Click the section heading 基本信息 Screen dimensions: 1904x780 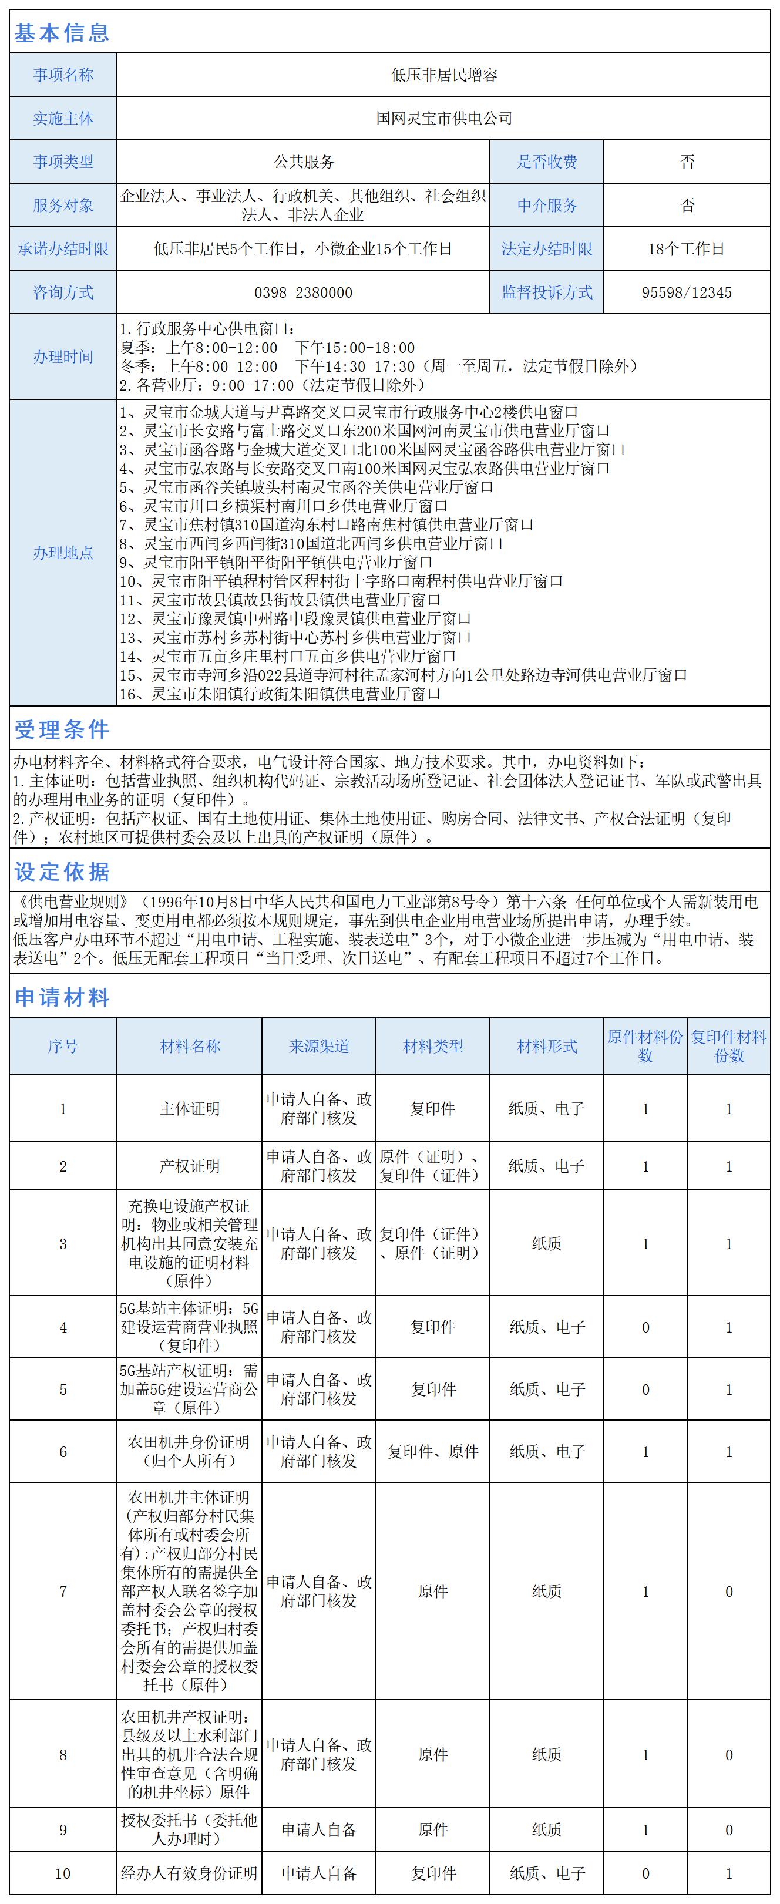click(x=62, y=32)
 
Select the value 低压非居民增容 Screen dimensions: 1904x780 click(x=443, y=75)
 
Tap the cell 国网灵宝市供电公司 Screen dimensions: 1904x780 click(x=443, y=118)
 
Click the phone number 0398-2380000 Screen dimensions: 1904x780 click(x=303, y=292)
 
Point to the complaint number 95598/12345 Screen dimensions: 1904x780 click(x=687, y=292)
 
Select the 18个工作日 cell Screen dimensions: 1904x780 click(x=687, y=249)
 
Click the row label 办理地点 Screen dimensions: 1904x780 click(x=63, y=553)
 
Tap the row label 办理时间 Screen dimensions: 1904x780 click(x=63, y=357)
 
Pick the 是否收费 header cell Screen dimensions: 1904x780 click(x=547, y=162)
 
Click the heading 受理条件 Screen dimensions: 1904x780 click(x=62, y=729)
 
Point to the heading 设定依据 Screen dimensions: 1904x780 click(x=62, y=872)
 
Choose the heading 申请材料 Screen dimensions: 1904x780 click(x=62, y=998)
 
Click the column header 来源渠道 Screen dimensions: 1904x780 click(x=319, y=1046)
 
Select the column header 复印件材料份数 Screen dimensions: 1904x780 click(x=729, y=1046)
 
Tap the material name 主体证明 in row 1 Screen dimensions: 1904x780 click(x=189, y=1109)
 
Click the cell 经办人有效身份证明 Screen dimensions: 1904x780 click(x=189, y=1873)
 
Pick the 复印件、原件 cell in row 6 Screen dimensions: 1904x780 click(x=433, y=1452)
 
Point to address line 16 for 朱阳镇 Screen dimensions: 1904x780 click(x=281, y=694)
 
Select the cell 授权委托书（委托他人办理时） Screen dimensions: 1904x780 click(x=189, y=1829)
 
